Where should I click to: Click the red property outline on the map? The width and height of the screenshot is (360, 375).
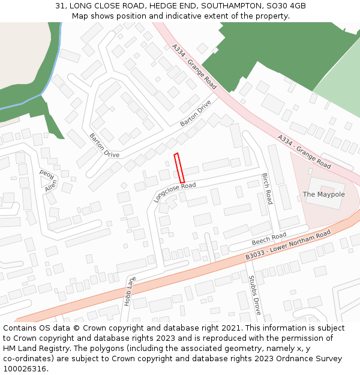179,168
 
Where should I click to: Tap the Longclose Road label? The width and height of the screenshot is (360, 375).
175,193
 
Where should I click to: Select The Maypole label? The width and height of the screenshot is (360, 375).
323,194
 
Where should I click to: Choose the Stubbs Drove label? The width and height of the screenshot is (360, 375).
254,295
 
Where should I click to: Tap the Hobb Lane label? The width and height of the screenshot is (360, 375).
130,291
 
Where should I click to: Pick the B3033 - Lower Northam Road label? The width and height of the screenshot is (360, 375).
288,245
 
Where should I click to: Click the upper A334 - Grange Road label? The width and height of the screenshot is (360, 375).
194,66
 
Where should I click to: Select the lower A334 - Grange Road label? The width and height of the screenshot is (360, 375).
304,151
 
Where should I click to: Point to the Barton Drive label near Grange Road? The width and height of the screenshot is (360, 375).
196,113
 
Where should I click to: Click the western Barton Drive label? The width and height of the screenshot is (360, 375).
104,146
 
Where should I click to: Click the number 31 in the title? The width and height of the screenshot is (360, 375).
60,5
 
